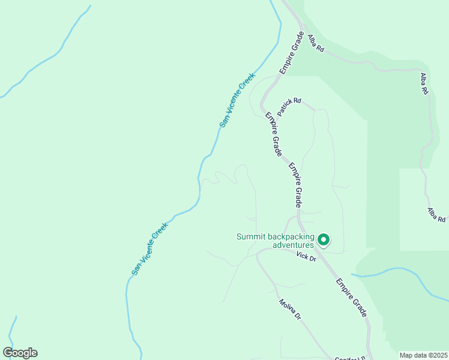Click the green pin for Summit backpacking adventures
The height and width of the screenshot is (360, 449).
coord(324,240)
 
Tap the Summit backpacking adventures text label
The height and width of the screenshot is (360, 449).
coord(275,241)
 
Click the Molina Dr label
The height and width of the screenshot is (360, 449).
coord(289,310)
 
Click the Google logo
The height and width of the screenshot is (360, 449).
coord(20,353)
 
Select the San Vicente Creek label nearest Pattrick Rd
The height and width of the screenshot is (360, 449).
coord(237,100)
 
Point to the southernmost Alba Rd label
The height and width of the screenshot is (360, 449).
coord(436,215)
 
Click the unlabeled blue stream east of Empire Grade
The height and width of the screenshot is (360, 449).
coord(396,274)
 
